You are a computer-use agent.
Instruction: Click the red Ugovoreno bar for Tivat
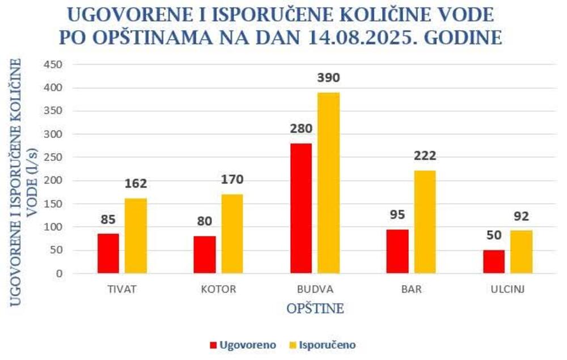coord(108,253)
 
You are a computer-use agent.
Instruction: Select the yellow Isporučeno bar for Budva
coord(328,183)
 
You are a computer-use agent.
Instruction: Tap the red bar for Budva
coord(301,208)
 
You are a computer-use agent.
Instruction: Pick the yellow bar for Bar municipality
coord(425,222)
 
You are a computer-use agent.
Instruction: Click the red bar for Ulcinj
coord(493,261)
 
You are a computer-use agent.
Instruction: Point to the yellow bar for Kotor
coord(232,234)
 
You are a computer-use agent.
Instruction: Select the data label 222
coord(425,156)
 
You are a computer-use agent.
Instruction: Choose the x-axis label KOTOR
coord(218,289)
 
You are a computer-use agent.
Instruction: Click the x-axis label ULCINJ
coord(507,289)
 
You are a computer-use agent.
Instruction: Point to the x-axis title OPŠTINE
coord(315,309)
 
